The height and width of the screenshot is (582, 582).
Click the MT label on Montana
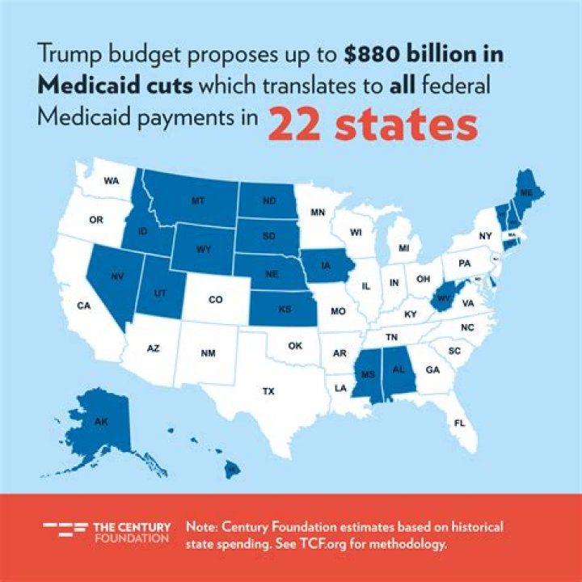coord(197,200)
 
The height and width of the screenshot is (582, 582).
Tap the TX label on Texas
coord(268,391)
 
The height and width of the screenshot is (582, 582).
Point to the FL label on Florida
coord(460,423)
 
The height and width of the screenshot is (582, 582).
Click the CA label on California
coord(83,306)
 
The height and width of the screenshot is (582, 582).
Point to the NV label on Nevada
coord(116,275)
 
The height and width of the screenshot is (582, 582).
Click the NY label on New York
coord(486,236)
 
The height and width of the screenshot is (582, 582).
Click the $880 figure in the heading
coord(373,54)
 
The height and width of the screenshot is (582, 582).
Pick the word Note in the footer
coord(202,526)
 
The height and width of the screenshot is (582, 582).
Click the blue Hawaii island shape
coord(232,467)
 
